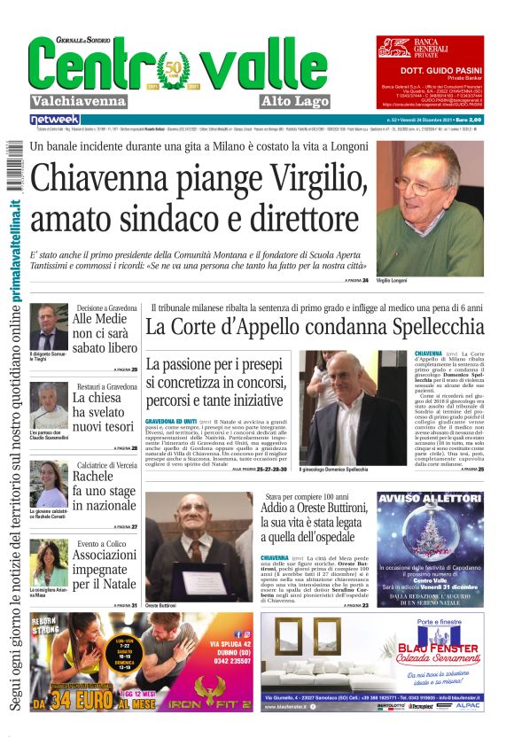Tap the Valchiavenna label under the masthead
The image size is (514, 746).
[x=79, y=100]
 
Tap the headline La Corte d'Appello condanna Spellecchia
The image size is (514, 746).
[x=315, y=327]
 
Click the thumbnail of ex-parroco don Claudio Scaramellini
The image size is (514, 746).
[x=49, y=407]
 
